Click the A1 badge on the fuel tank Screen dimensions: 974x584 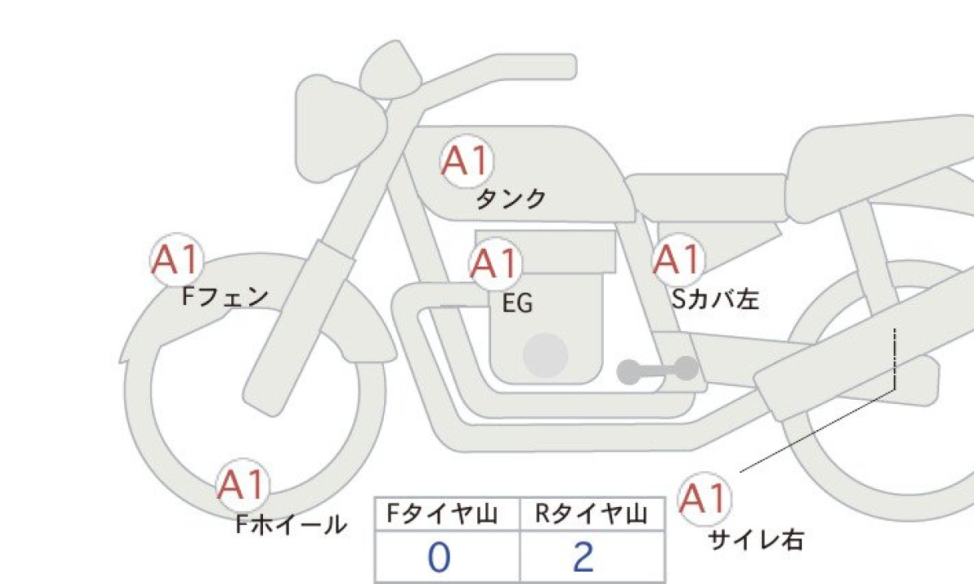click(467, 161)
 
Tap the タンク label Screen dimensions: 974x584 click(511, 200)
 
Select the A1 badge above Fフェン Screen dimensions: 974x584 click(177, 260)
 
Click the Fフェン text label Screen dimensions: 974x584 click(225, 297)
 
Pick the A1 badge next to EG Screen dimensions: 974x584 click(495, 264)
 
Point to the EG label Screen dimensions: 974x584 click(518, 303)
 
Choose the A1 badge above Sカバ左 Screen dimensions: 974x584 click(678, 260)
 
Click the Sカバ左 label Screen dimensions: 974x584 click(715, 299)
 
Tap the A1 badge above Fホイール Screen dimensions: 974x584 click(242, 484)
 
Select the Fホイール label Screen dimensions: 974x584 click(291, 525)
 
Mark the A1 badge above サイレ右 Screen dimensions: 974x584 click(704, 498)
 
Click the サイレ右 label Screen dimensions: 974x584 click(756, 540)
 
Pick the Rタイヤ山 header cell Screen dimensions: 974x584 click(593, 514)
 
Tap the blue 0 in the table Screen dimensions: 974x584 click(439, 557)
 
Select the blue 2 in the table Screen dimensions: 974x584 click(584, 557)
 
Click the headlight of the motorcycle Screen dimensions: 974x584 click(339, 129)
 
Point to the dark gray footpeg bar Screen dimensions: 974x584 click(657, 370)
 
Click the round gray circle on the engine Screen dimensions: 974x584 click(545, 355)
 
